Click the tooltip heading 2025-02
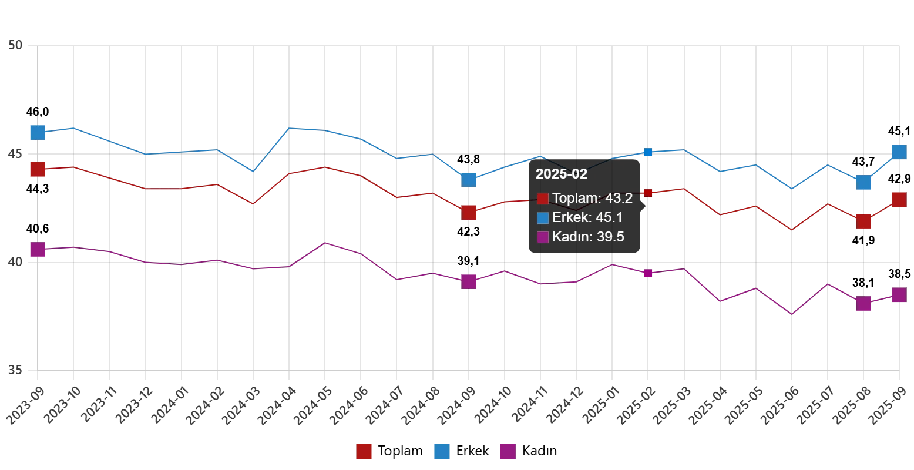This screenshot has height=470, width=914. tap(561, 174)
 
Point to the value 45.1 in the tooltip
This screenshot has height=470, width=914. tap(609, 217)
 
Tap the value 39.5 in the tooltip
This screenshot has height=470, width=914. tap(610, 237)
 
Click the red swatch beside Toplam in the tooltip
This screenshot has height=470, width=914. tap(543, 199)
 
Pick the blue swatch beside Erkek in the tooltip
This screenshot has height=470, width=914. tap(543, 218)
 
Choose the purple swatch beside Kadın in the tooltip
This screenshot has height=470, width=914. tap(543, 237)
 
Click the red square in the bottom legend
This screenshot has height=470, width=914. tap(364, 451)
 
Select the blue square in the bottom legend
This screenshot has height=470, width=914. tap(442, 451)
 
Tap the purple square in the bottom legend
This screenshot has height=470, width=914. tap(508, 451)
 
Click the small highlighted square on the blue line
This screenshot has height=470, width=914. tap(648, 152)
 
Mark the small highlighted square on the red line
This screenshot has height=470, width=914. tap(648, 193)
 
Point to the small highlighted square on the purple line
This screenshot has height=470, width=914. tap(648, 273)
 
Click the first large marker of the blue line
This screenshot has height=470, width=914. tap(38, 132)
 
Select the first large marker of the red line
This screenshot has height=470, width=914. tap(38, 169)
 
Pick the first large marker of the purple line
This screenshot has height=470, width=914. tap(38, 249)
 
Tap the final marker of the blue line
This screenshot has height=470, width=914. tap(899, 152)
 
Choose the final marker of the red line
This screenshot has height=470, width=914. tap(899, 200)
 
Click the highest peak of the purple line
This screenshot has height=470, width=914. tap(327, 242)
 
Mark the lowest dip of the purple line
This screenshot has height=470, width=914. tap(792, 314)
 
